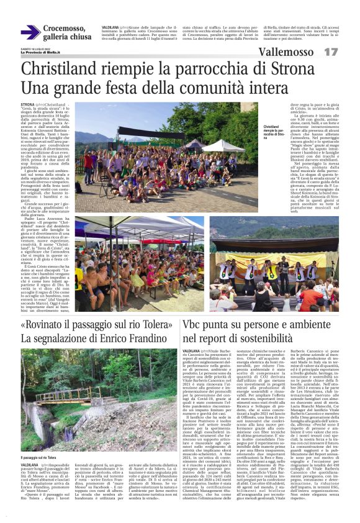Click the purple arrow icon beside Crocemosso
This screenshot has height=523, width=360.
click(x=30, y=32)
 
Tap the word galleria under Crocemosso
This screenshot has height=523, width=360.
click(x=61, y=37)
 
